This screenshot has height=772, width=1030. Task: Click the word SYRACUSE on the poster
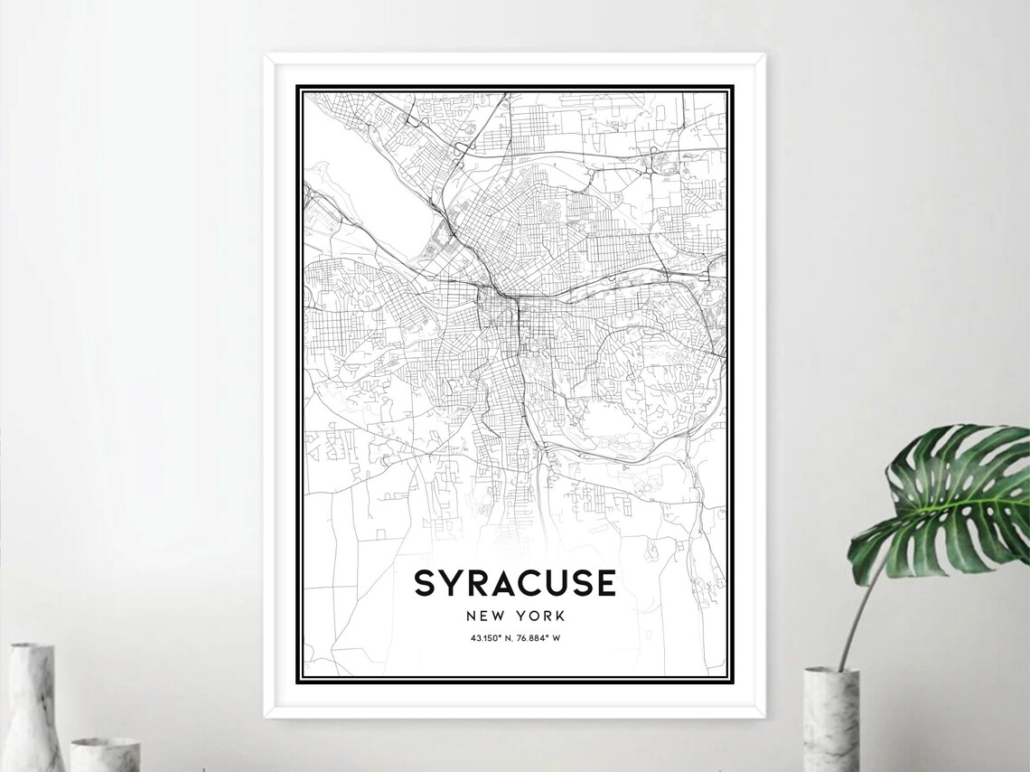[x=515, y=583]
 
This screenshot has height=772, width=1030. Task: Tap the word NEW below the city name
[x=487, y=616]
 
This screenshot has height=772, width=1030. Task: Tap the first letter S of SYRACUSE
[x=425, y=583]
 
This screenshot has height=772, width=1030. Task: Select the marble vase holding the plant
[x=830, y=719]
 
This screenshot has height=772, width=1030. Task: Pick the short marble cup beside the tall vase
[x=105, y=755]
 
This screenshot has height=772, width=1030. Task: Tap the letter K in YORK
[x=559, y=616]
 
